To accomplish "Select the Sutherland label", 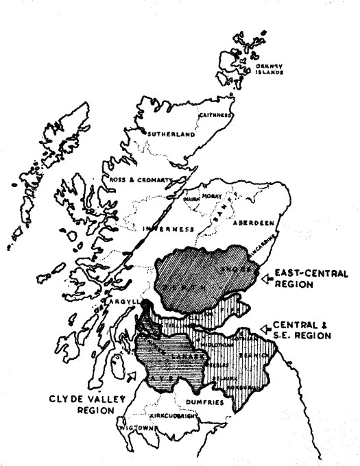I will point(169,134).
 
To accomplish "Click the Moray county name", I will point(213,195).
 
